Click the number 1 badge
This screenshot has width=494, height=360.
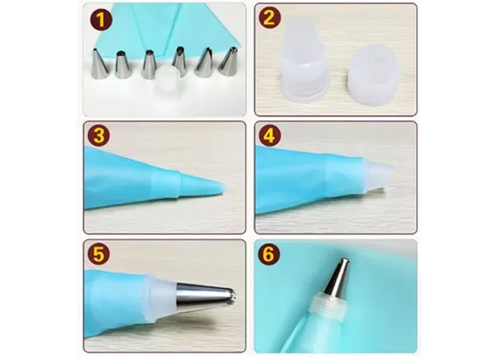[100, 20]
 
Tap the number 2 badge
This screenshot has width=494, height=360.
[269, 17]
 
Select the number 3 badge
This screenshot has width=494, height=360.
[99, 136]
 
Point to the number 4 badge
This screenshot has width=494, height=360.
[269, 136]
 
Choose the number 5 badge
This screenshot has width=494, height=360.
[99, 254]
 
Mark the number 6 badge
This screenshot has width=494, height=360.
[268, 254]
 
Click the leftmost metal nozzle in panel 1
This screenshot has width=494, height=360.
[100, 63]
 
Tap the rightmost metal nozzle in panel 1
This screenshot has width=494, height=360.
[228, 62]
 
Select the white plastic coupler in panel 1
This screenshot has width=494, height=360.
[169, 82]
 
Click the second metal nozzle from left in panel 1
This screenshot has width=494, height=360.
[123, 64]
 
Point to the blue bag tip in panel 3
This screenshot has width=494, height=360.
[203, 185]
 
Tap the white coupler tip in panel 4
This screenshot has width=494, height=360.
[379, 175]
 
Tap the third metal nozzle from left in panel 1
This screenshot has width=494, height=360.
[149, 64]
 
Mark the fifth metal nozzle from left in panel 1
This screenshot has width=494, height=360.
[204, 63]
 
